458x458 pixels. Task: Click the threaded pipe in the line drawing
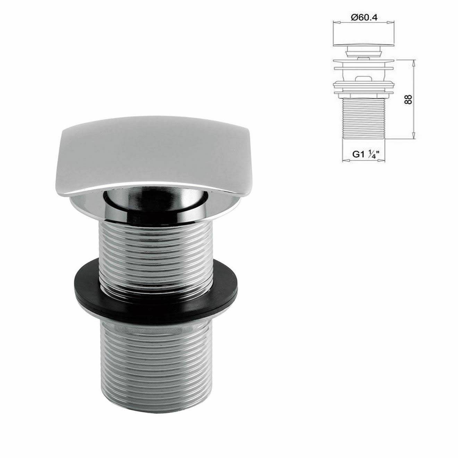(x=364, y=118)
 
